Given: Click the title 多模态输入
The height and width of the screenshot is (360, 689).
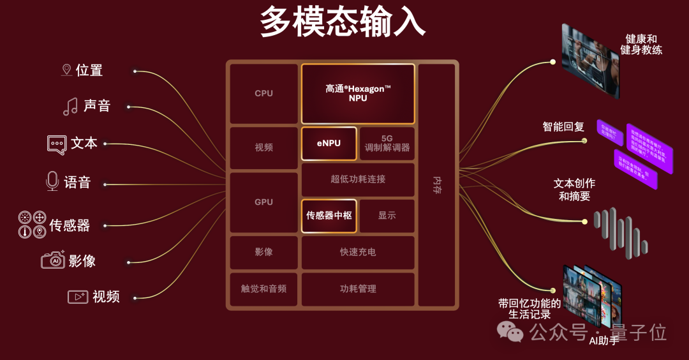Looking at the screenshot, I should point(343,23).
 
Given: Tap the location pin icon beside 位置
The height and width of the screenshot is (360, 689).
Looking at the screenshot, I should point(66,70).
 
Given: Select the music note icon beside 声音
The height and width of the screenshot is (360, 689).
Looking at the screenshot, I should point(70,106).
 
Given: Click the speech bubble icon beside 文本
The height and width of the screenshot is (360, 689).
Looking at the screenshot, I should point(57,144).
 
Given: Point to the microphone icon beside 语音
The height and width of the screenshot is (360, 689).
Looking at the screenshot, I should point(52,182).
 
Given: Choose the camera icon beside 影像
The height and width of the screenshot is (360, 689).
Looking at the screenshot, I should point(53,260).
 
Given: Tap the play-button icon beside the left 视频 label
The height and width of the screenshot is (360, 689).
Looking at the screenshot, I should point(78,297).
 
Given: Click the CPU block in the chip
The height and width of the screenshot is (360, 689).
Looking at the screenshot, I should point(263,93).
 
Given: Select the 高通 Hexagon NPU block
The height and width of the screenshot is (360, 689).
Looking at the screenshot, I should point(358,93).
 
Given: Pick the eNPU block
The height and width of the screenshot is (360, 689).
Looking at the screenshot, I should point(329,143).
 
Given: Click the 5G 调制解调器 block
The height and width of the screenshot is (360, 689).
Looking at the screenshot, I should point(387,143).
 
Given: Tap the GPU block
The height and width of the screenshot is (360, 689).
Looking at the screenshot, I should point(263,202).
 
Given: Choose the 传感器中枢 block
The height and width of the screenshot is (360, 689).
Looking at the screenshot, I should point(329,216).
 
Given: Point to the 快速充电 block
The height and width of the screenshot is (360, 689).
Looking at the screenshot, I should point(358,252).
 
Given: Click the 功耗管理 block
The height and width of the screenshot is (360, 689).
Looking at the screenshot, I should point(358,289).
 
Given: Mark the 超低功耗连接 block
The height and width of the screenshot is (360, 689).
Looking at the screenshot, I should point(358,179).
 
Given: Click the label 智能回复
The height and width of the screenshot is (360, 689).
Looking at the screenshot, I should point(563,127).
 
